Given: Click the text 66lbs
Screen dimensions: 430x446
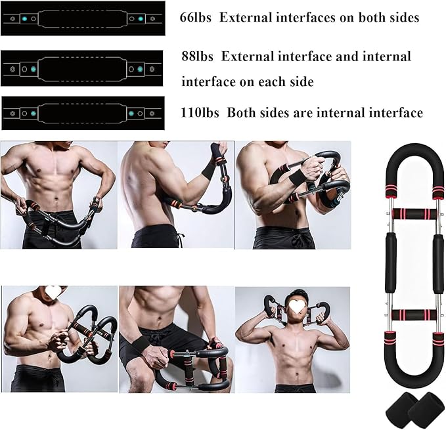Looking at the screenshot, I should coord(196,18).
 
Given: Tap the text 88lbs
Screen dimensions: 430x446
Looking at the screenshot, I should coord(198,56).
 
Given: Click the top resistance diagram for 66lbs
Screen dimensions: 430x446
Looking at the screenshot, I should coord(82,19).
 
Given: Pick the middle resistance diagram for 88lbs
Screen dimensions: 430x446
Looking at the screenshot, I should coord(82,68).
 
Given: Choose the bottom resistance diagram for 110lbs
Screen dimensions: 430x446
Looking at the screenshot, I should coord(82,113).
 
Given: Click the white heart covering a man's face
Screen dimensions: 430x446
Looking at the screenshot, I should coord(299,305).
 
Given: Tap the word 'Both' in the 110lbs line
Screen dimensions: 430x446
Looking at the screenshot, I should coord(242,113).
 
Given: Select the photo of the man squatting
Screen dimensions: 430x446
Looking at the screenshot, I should coord(175,339).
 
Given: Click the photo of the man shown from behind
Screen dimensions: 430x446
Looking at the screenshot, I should coord(175,195).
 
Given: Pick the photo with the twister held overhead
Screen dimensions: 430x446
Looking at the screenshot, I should coord(292,339).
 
